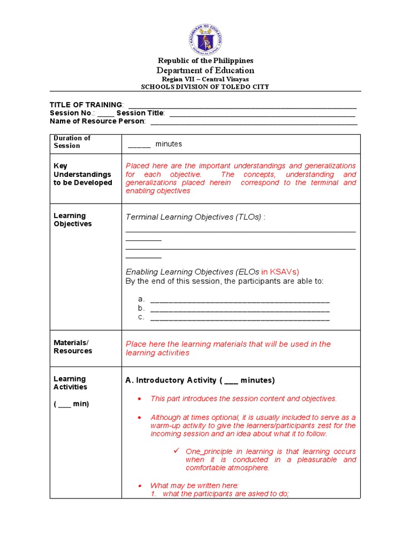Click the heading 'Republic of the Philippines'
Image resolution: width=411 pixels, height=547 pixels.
tap(205, 61)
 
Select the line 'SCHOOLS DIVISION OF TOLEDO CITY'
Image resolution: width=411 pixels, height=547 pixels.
tap(205, 87)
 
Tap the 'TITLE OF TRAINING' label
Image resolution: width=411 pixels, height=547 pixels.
tap(86, 105)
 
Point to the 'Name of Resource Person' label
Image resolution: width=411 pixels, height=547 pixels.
tap(97, 121)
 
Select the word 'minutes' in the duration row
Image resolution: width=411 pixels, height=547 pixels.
tap(169, 144)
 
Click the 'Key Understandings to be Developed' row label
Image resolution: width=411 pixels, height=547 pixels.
tap(82, 174)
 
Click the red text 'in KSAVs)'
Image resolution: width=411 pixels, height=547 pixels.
tap(280, 272)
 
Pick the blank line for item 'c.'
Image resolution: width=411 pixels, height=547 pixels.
tap(240, 318)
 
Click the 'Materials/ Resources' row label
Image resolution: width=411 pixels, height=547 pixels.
tap(73, 347)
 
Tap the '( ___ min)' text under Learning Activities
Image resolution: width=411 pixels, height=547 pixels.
tap(71, 404)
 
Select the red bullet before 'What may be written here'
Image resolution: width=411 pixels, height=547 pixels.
tap(140, 486)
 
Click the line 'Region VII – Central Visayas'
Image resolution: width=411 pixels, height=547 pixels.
tap(205, 79)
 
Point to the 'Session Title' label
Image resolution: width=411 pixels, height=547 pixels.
tap(140, 113)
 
